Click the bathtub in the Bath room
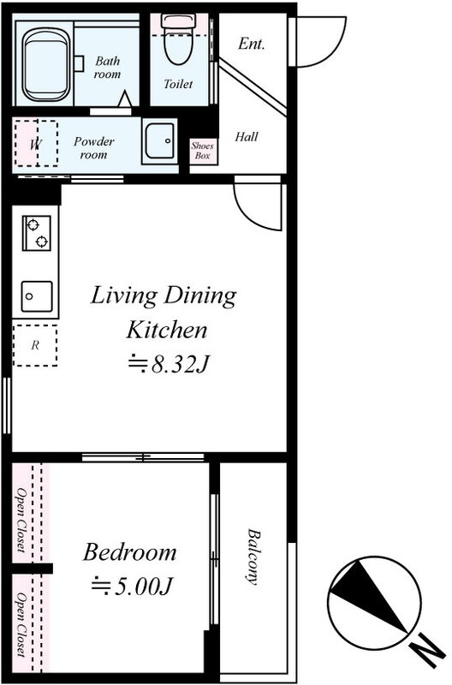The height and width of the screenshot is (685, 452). coord(46,65)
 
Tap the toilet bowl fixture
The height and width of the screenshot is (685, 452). coord(178,39)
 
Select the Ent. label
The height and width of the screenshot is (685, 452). coord(252,44)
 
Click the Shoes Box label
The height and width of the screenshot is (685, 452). coord(203,151)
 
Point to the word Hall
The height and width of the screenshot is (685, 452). coord(247,137)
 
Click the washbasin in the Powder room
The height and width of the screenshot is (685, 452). coord(160,140)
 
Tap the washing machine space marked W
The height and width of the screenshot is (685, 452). coord(36,143)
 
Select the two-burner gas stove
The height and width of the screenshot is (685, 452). coord(37,233)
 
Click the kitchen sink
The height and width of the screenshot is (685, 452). coord(37,296)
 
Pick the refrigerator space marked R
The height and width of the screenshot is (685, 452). coord(35,345)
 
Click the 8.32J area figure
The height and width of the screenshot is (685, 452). coord(169,364)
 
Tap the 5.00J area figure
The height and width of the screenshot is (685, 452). coord(133,587)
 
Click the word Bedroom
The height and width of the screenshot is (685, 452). coord(130,552)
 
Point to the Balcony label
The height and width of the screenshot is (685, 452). coord(253,557)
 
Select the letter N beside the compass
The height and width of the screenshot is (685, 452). coord(428,650)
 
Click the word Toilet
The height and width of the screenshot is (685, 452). coord(178,83)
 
